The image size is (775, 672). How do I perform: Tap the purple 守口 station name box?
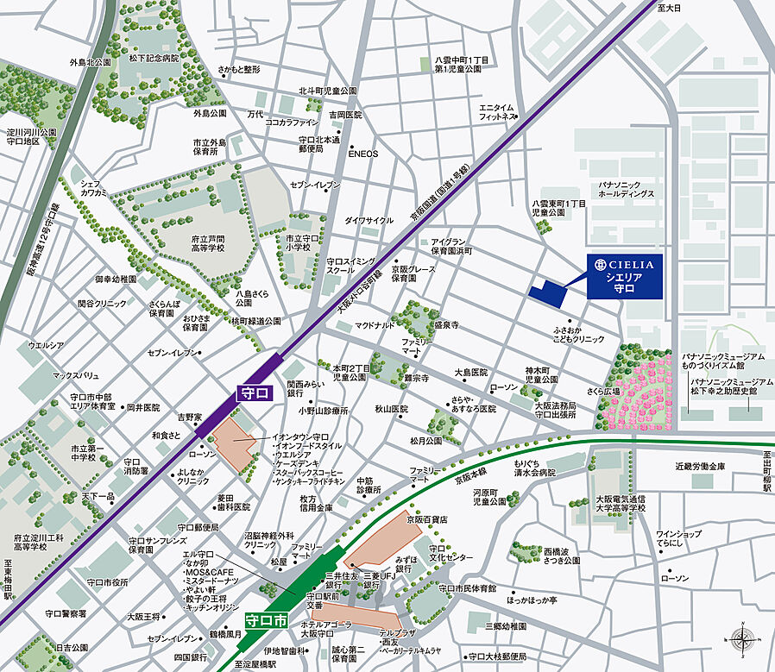point(255,393)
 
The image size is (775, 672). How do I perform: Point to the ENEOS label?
point(362,154)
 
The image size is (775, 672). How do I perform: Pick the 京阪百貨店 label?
point(429,520)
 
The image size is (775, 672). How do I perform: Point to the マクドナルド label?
point(375,325)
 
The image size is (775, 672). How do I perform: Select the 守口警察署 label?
point(66,613)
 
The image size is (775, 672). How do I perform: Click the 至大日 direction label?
point(669,8)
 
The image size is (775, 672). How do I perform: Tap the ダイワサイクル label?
point(369,220)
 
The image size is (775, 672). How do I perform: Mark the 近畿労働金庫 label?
point(701,466)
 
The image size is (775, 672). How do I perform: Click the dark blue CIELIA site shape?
point(547,293)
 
